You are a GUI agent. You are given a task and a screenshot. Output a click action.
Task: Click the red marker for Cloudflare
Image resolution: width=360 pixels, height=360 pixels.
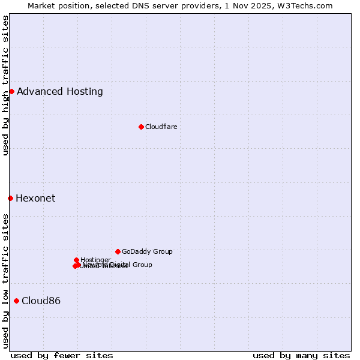(x=141, y=127)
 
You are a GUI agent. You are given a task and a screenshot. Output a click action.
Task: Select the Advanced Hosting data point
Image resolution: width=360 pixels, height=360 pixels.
(x=11, y=91)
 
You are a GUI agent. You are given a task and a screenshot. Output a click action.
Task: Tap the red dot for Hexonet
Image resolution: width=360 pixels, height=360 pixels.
(x=10, y=198)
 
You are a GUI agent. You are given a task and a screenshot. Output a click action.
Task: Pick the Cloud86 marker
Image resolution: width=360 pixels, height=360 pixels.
(x=16, y=301)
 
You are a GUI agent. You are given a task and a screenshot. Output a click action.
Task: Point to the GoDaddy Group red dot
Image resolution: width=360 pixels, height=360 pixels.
(x=118, y=251)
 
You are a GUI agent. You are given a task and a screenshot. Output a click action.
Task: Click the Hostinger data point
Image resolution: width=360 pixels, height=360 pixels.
(x=76, y=260)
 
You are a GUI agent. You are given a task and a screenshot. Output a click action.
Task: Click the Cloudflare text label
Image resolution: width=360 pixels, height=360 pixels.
(x=161, y=127)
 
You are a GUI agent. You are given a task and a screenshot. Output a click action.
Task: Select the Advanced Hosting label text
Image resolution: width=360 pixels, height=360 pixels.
(x=60, y=91)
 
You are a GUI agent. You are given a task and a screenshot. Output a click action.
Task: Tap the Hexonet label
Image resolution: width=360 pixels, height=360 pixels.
(x=35, y=198)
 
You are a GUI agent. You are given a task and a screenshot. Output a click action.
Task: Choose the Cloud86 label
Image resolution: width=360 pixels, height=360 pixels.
(x=41, y=301)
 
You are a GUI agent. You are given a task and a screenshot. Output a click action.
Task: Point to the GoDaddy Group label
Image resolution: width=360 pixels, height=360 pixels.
(x=147, y=251)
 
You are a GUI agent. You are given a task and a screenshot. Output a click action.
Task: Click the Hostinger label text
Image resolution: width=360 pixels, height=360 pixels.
(x=95, y=260)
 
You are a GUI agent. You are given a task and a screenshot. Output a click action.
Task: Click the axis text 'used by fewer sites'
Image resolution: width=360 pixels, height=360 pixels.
(x=62, y=355)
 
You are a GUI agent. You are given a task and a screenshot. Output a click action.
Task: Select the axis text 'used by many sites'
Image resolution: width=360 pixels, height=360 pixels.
(x=301, y=355)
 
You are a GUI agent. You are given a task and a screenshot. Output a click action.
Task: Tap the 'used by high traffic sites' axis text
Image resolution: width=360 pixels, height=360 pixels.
(x=5, y=85)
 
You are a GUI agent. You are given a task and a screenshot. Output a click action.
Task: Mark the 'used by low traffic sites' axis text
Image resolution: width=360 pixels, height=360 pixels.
(x=5, y=280)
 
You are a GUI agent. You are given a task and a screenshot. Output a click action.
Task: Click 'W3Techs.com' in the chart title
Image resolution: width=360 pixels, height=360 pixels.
(x=308, y=5)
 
